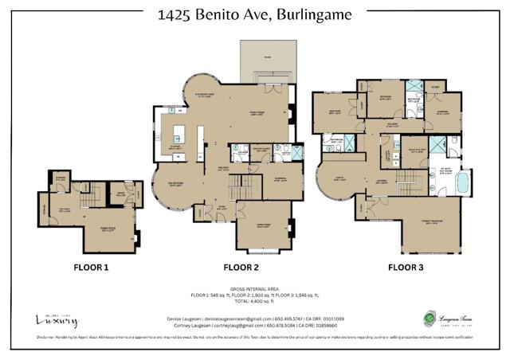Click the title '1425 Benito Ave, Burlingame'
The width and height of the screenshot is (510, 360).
click(x=254, y=15)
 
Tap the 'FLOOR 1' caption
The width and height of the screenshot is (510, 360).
click(x=91, y=268)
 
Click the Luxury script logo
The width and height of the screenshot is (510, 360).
click(x=57, y=319)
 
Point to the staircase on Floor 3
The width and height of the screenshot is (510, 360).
click(x=409, y=179)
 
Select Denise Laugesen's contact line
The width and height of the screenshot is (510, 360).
click(x=254, y=317)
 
